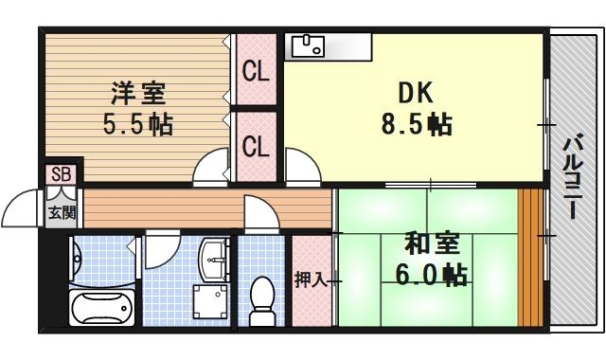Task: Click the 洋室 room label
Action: click(x=138, y=94)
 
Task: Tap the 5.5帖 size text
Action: click(x=138, y=124)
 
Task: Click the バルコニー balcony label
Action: click(x=572, y=177)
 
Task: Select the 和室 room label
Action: click(x=431, y=244)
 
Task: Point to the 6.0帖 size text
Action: click(x=431, y=276)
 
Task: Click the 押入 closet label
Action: click(x=310, y=279)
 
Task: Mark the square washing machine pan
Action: click(x=211, y=302)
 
